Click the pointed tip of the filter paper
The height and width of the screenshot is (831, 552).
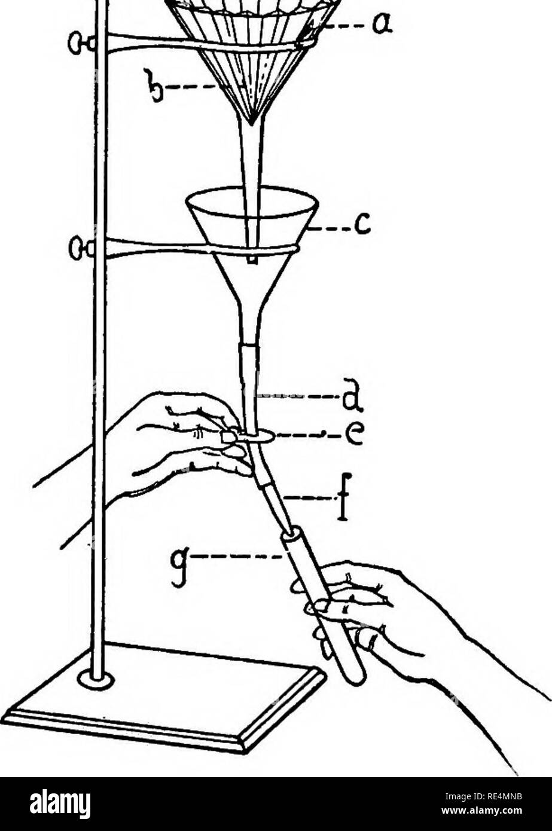252,124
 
